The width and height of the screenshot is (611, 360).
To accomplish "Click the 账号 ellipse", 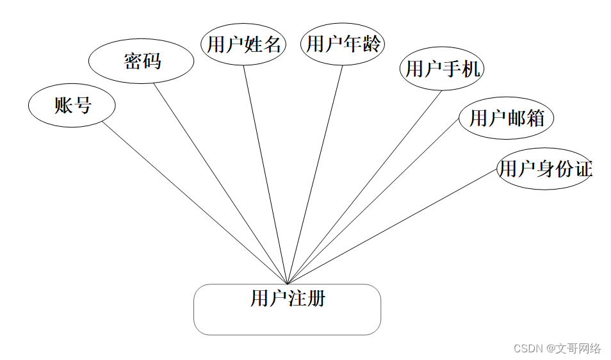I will click(72, 105).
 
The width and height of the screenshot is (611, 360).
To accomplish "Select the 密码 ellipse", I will click(141, 61).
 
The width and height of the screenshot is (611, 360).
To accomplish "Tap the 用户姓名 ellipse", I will click(243, 44).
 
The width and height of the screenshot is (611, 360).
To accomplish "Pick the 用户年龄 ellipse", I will click(343, 44).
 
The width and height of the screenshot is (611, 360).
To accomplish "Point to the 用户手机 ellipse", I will click(442, 69).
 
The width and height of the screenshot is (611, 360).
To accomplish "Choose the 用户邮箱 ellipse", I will click(506, 118).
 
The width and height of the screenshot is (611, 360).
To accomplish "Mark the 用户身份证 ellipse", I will click(544, 169).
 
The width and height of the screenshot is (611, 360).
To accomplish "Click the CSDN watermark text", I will click(528, 348).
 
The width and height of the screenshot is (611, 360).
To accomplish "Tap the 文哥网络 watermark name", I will click(578, 348).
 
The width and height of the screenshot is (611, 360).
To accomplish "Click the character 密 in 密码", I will click(132, 61).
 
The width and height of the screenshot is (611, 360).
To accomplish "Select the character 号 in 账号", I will click(82, 105).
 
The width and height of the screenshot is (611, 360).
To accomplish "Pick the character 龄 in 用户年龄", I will click(372, 44).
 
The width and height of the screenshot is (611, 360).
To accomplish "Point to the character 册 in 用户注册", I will click(316, 299).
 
